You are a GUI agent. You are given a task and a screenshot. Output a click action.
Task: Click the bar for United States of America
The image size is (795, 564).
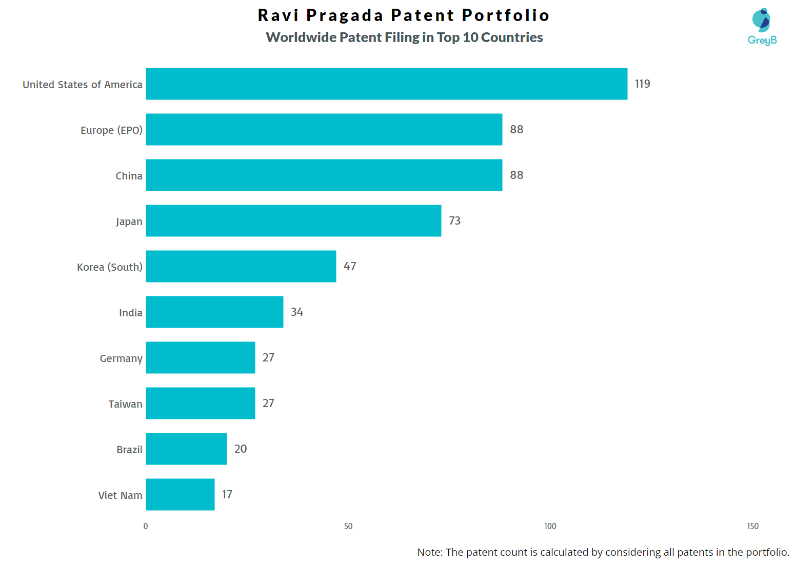(386, 84)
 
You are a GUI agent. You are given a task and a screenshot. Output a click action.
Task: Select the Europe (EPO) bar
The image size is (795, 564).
(324, 129)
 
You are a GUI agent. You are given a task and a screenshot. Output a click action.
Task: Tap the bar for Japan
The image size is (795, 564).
(293, 220)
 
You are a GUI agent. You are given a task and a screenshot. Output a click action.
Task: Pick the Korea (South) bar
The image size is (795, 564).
(241, 266)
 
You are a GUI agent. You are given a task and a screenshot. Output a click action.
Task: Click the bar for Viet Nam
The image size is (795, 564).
(180, 494)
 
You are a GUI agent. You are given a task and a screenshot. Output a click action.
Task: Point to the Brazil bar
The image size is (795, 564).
(186, 449)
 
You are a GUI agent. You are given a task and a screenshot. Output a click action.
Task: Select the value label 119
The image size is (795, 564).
(642, 84)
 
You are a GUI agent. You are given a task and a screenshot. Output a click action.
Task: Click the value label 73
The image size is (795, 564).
(454, 220)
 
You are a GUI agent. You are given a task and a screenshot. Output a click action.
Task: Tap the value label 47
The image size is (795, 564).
(350, 266)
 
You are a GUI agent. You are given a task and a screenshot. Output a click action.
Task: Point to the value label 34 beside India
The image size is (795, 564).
(296, 312)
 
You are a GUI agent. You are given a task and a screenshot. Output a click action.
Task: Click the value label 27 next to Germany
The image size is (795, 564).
(268, 357)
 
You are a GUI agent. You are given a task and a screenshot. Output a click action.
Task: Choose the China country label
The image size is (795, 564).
(129, 176)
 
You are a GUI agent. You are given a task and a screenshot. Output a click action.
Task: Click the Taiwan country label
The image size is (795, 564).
(125, 404)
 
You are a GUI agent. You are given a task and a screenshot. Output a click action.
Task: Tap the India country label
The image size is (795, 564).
(130, 313)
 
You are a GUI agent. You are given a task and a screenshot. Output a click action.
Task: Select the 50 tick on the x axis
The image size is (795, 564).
(348, 526)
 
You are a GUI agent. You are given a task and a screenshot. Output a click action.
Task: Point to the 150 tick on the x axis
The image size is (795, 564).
(752, 526)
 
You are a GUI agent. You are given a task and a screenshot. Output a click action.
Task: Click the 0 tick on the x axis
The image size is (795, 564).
(146, 526)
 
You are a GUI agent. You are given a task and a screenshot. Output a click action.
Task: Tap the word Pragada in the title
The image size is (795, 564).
(345, 15)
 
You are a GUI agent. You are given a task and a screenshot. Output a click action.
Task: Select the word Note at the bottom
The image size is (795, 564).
(429, 552)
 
